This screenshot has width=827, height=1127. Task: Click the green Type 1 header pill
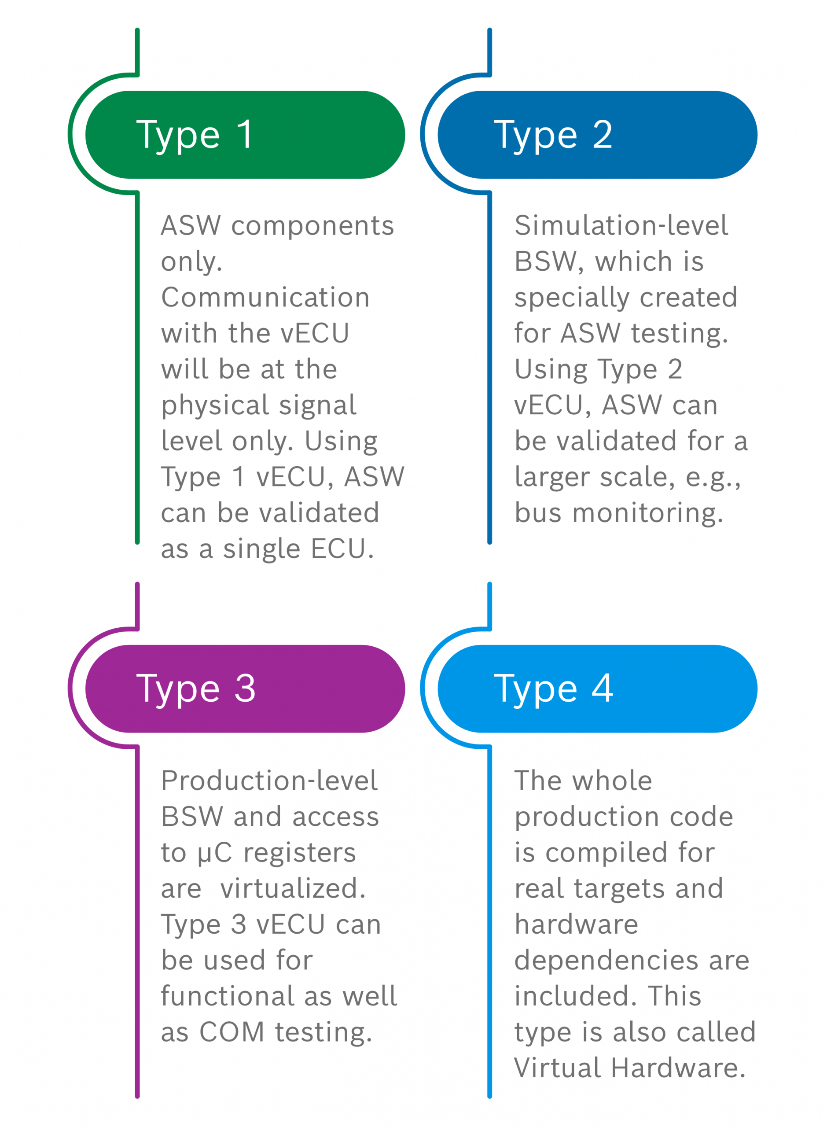coord(245,135)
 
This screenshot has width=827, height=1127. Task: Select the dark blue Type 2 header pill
coord(597,135)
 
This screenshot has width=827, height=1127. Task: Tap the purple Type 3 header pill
coord(245,689)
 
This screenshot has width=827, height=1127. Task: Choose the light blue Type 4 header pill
coord(597,689)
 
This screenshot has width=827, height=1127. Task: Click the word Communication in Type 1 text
coord(266,298)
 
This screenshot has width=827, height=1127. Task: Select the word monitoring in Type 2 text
coord(648,514)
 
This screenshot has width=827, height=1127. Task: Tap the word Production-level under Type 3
coord(269,781)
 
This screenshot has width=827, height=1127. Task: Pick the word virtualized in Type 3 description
coord(294,889)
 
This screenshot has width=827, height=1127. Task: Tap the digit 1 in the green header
coord(245,134)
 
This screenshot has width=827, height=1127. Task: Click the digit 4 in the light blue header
coord(602,689)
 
